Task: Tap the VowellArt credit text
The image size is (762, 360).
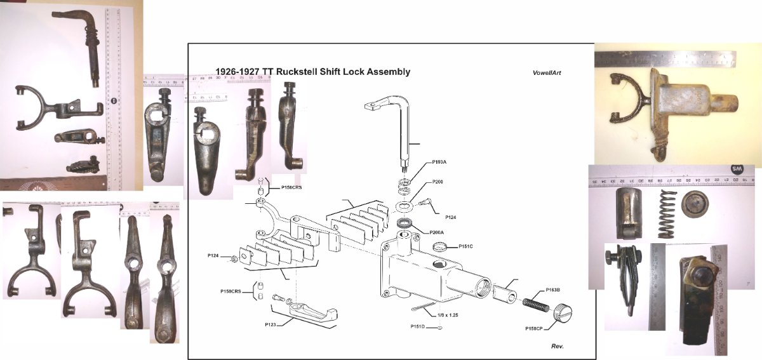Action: point(547,73)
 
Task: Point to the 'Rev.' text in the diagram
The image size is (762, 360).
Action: point(557,346)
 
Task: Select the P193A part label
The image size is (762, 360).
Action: point(439,163)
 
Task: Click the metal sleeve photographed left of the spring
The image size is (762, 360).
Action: point(631,210)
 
